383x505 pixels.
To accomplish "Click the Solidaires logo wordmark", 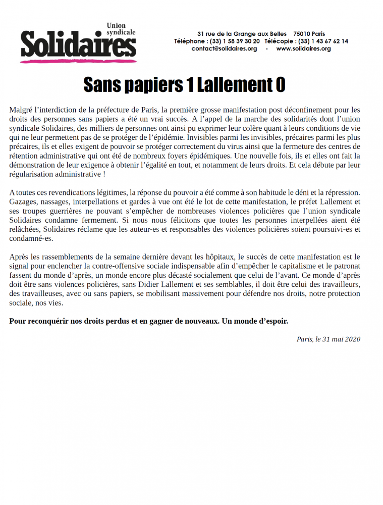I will pyautogui.click(x=78, y=44).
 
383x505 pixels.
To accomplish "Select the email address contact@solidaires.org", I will pyautogui.click(x=224, y=49).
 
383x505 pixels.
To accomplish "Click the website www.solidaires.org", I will pyautogui.click(x=303, y=49).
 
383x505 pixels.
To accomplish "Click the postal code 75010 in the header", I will pyautogui.click(x=302, y=34).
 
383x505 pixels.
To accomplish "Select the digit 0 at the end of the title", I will pyautogui.click(x=280, y=85).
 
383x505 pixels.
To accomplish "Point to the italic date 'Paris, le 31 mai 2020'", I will pyautogui.click(x=329, y=339).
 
